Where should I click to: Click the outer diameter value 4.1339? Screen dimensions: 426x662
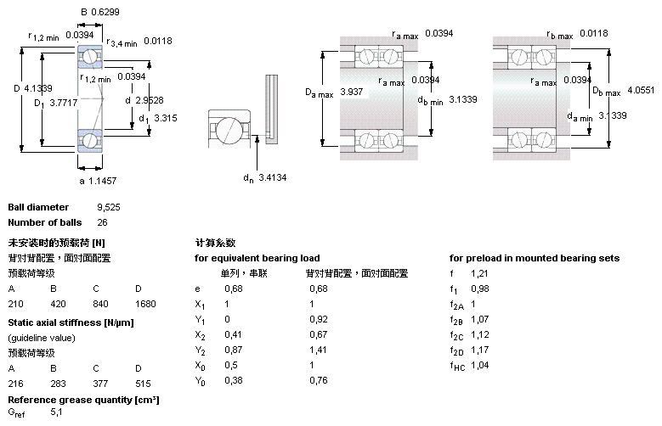coord(41,88)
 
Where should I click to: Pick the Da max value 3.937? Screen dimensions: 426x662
coord(350,91)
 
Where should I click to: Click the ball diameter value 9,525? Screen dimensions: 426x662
coord(108,207)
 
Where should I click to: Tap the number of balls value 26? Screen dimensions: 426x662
coord(103,222)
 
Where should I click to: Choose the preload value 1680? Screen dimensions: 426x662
coord(145,303)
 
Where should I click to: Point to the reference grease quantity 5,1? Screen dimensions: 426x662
coord(57,412)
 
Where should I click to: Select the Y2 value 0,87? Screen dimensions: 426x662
coord(233,350)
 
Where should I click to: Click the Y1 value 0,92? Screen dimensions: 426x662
coord(318,318)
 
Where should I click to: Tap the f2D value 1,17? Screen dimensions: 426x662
coord(481,350)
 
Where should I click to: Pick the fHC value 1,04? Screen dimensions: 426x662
coord(481,365)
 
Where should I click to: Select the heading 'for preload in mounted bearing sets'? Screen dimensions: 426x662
coord(534,258)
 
